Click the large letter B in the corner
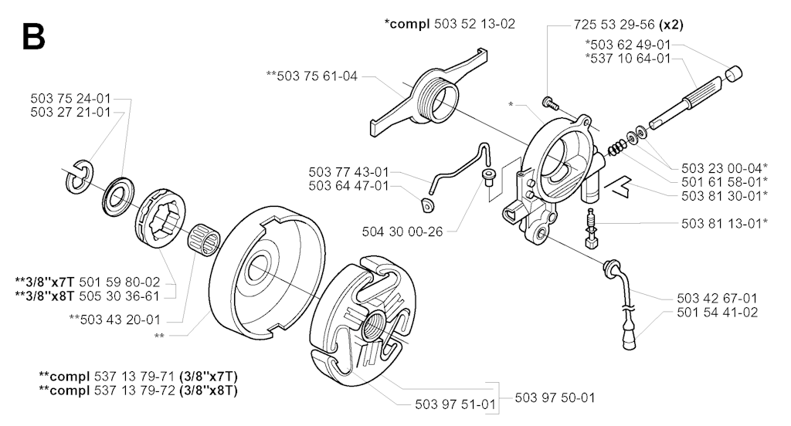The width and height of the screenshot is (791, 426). [x=34, y=36]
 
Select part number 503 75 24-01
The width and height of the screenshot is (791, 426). [x=70, y=98]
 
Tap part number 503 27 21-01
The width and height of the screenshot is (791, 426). [x=70, y=113]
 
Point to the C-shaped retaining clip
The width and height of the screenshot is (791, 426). [x=78, y=177]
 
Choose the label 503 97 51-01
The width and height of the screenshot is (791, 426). [x=456, y=404]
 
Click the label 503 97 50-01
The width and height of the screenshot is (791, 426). [x=555, y=398]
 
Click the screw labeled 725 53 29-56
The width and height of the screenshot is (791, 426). [x=550, y=103]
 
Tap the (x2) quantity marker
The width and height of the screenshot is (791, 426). [x=671, y=24]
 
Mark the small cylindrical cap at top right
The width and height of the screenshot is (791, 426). [x=734, y=74]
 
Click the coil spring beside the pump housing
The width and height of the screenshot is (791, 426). [x=615, y=147]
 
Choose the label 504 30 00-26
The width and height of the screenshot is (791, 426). [x=402, y=232]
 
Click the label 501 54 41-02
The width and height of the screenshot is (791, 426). [x=718, y=313]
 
